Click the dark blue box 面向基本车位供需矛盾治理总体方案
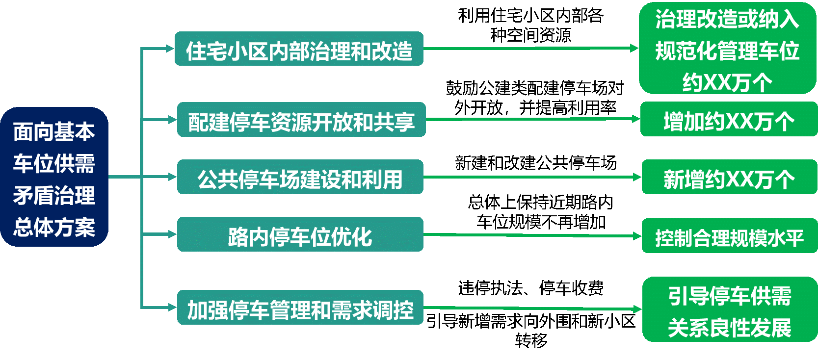[54, 177]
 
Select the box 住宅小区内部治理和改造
[299, 49]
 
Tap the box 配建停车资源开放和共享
[301, 120]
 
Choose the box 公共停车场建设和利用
[300, 177]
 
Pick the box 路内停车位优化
[300, 234]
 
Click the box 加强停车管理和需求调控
[300, 308]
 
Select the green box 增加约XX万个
[728, 119]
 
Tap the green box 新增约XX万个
[729, 177]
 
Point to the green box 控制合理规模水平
[729, 236]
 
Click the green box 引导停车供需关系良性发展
[729, 309]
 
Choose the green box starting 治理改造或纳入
[727, 48]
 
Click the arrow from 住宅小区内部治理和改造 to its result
[530, 49]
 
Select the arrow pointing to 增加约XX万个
[532, 119]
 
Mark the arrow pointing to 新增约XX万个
[532, 177]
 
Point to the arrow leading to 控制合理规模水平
[532, 235]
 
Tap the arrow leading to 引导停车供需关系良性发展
[532, 309]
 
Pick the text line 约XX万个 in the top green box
[727, 82]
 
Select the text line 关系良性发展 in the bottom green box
[729, 327]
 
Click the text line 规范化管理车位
[727, 51]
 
